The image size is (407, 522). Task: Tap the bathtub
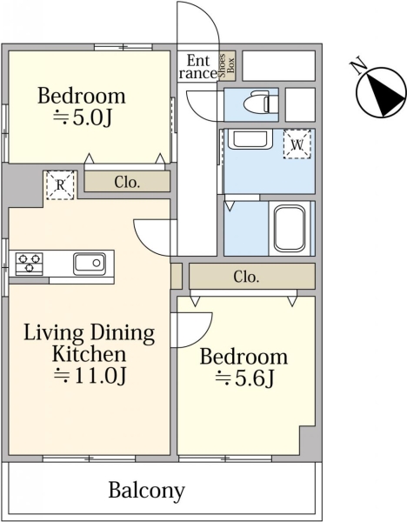coord(290,229)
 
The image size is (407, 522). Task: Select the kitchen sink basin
coord(90,264)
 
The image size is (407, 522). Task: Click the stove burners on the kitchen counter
coord(30,264)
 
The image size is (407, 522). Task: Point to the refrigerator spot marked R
coord(60,185)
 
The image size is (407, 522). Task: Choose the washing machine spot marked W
coord(297,144)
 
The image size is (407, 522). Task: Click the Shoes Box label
coord(227,65)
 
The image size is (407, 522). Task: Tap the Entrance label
coord(197,67)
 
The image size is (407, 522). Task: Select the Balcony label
coord(146,491)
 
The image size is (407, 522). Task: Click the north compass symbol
coord(381,92)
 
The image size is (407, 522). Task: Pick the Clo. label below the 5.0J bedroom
coord(127,182)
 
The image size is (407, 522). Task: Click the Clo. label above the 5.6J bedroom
coord(246,277)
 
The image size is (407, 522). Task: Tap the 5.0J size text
coord(83,117)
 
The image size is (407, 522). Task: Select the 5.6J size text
coord(244,378)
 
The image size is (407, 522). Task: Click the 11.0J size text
coord(90,376)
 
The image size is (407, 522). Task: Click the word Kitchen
coord(90,354)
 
